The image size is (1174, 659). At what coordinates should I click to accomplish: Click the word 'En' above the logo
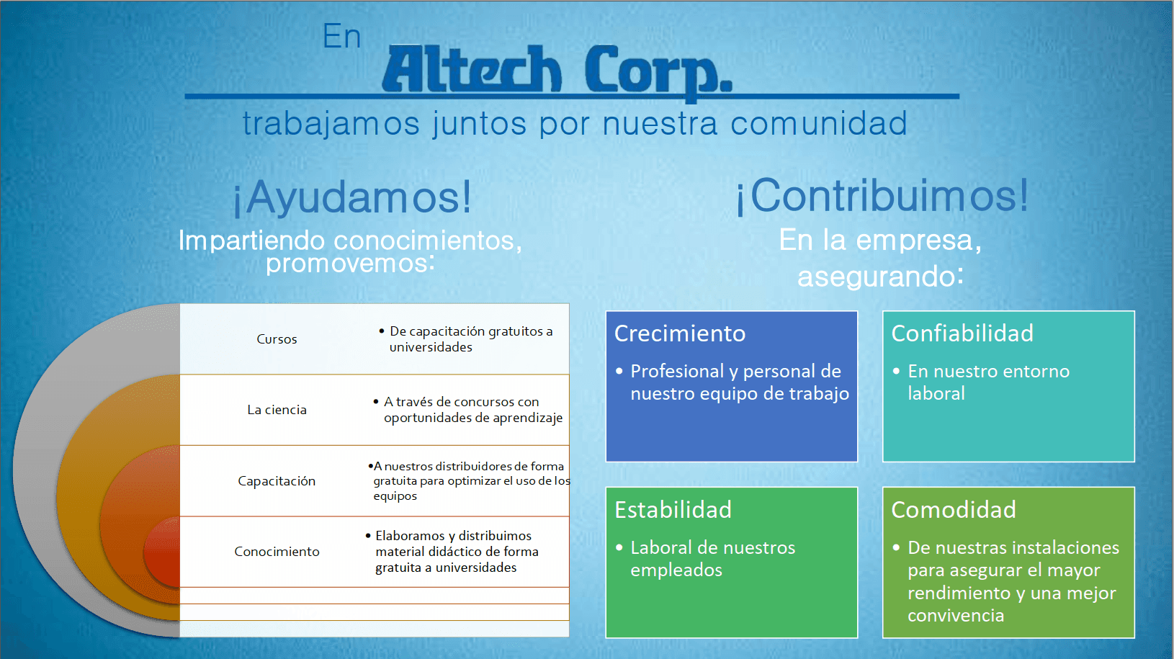tap(341, 36)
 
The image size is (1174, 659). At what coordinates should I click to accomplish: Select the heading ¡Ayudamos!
tap(352, 197)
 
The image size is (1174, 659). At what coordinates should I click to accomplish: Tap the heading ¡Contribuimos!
tap(882, 196)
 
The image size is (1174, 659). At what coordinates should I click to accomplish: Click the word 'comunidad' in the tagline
tap(819, 124)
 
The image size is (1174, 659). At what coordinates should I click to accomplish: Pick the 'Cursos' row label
tap(277, 339)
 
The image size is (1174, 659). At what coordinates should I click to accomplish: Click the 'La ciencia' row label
tap(277, 410)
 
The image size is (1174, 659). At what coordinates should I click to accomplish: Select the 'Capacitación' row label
tap(277, 481)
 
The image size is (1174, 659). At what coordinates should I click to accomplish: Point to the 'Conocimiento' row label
tap(277, 552)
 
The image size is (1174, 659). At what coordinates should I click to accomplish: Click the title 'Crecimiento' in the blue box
tap(680, 333)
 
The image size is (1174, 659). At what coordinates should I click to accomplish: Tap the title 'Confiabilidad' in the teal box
tap(962, 333)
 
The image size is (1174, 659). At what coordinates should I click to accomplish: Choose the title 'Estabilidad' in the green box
tap(673, 510)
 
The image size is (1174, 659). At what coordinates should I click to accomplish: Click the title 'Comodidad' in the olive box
tap(954, 510)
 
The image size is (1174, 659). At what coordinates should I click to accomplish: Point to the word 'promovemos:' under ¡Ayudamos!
tap(350, 263)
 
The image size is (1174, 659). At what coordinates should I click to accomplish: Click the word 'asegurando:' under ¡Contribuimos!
tap(880, 277)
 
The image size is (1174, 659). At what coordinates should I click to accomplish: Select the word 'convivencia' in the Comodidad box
tap(956, 616)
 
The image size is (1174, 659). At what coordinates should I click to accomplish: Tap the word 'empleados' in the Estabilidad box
tap(676, 570)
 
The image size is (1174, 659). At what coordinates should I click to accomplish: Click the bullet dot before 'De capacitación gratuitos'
tap(382, 331)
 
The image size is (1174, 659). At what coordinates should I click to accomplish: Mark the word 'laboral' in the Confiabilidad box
tap(936, 393)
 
